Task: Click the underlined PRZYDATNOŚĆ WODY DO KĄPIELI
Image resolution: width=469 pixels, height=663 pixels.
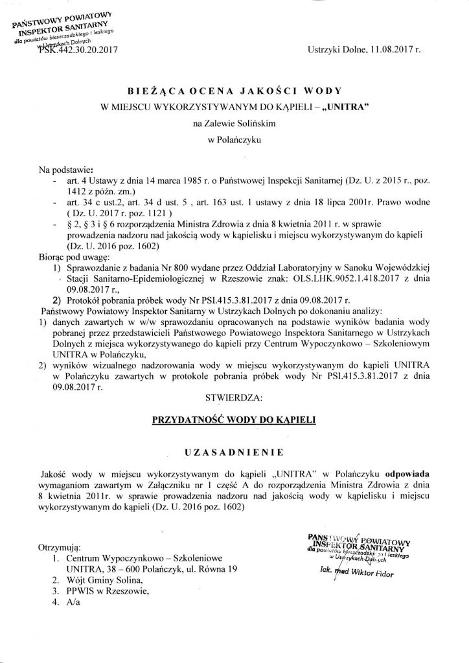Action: [x=234, y=419]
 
